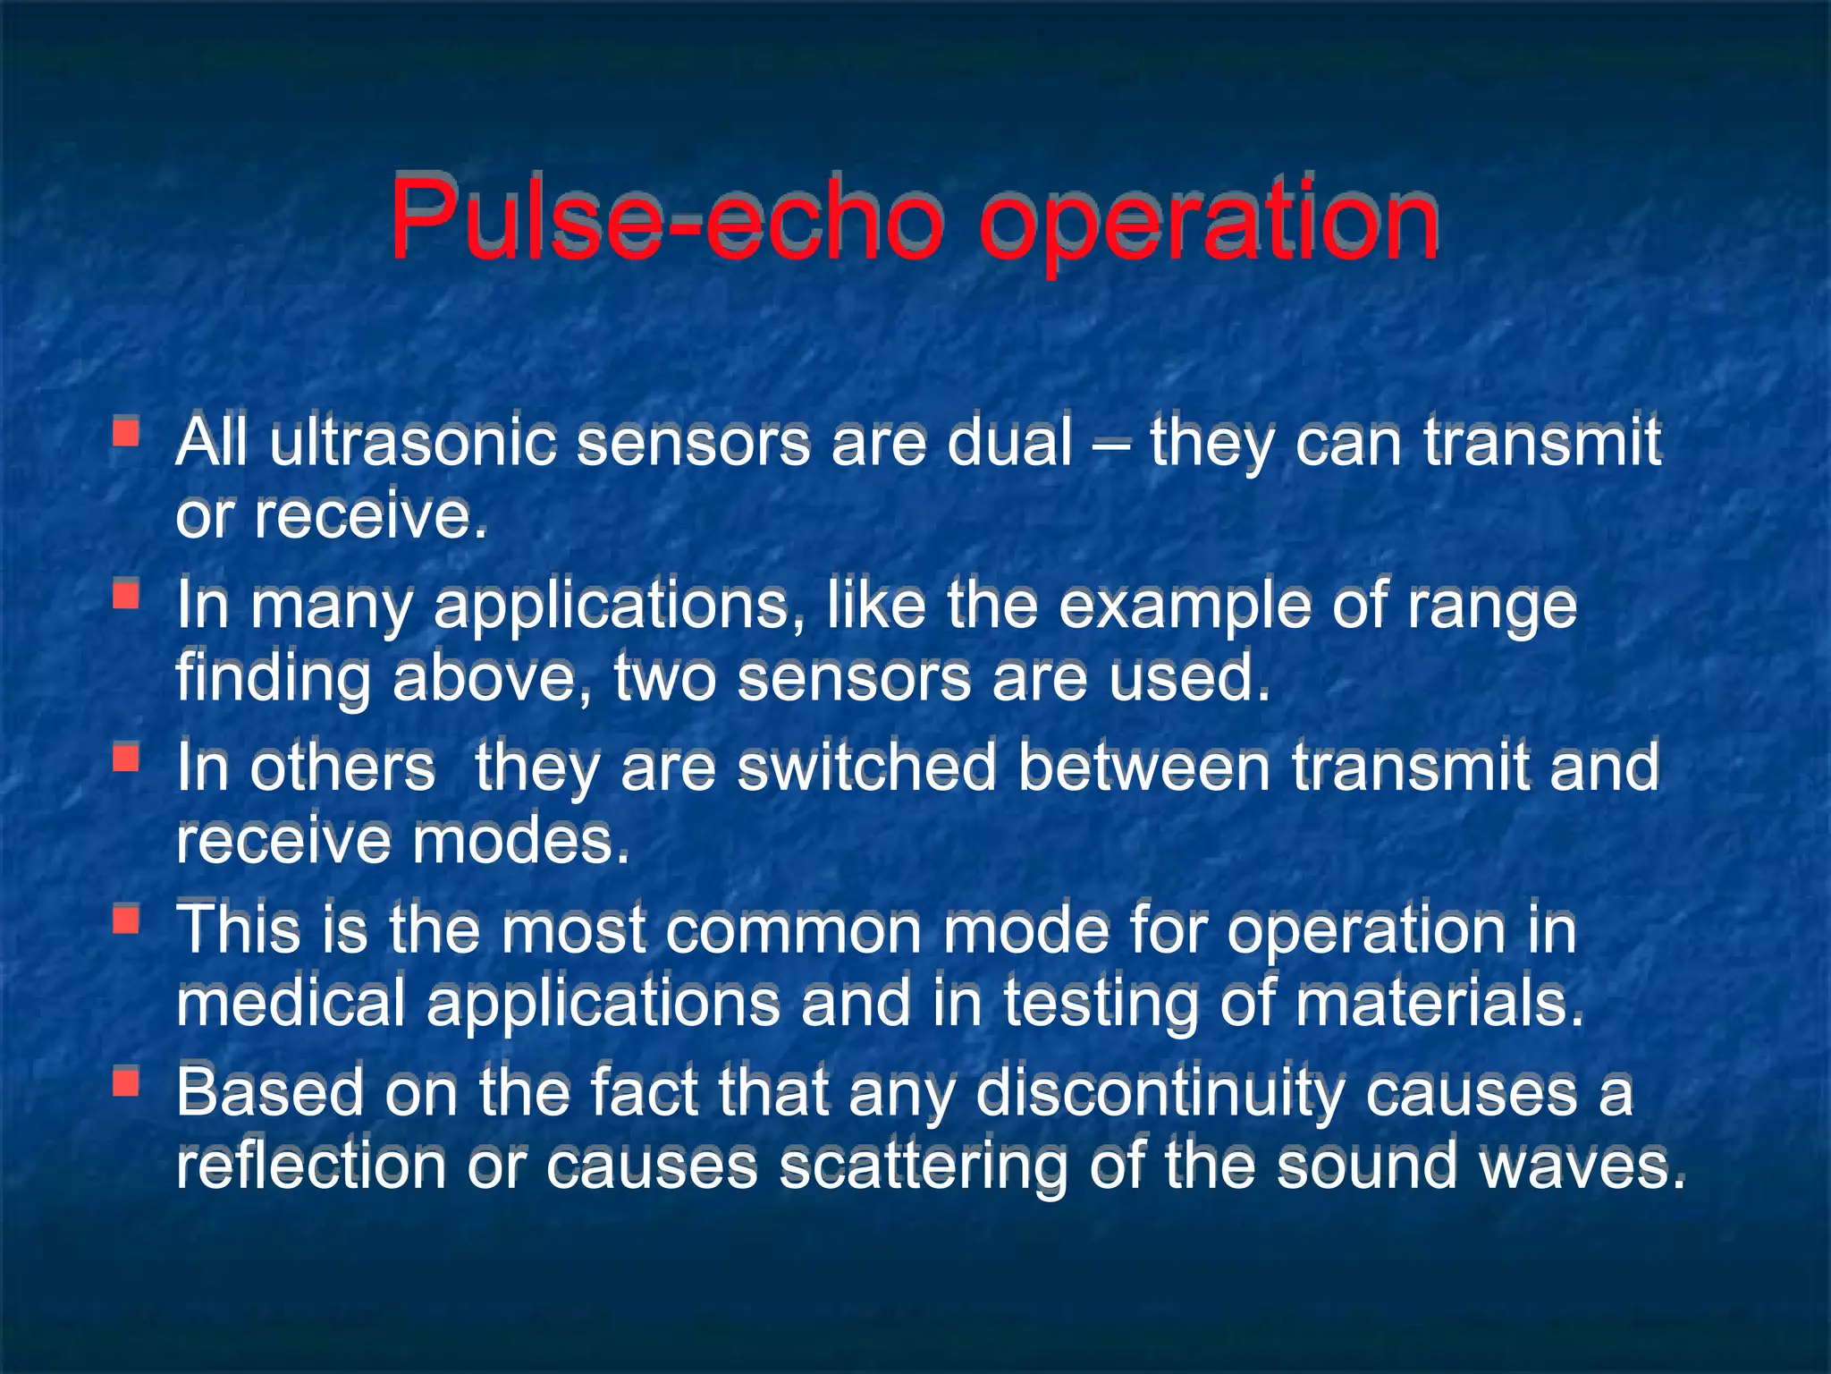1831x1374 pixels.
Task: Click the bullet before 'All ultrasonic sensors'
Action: [126, 433]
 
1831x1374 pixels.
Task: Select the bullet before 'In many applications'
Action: [126, 595]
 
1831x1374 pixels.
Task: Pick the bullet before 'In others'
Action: [126, 759]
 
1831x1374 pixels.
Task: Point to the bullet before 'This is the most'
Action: [126, 920]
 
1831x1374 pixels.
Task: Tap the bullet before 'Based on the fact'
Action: [126, 1083]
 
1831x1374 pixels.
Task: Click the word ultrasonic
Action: [412, 443]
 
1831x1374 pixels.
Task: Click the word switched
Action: [866, 768]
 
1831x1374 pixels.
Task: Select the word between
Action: [1144, 768]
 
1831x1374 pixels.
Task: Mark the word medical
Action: [291, 1003]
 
